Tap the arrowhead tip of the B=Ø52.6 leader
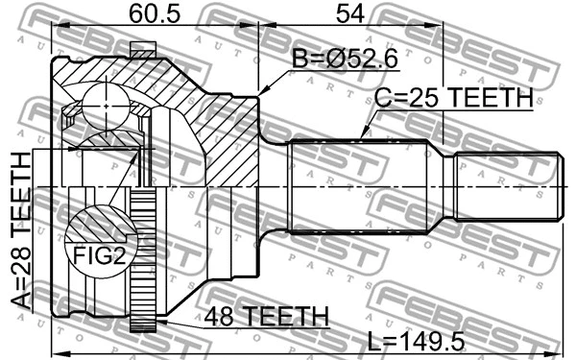pyautogui.click(x=260, y=93)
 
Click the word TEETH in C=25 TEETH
pyautogui.click(x=489, y=97)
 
